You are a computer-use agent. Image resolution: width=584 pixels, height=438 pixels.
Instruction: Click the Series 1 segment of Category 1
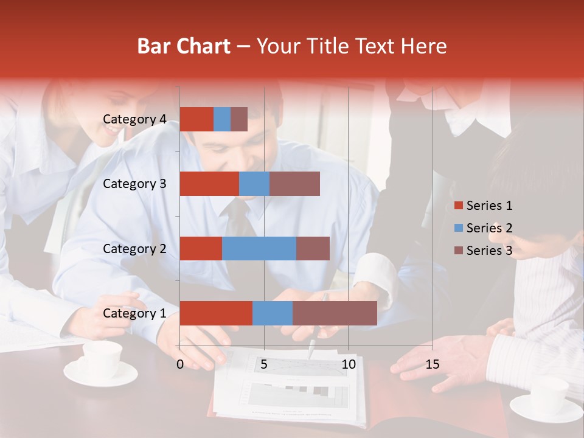pyautogui.click(x=216, y=313)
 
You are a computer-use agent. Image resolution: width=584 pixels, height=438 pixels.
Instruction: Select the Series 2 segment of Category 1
pyautogui.click(x=273, y=313)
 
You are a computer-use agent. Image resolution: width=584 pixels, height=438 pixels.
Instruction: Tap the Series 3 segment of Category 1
pyautogui.click(x=335, y=313)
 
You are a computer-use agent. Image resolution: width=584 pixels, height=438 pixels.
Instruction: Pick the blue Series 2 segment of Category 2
pyautogui.click(x=259, y=248)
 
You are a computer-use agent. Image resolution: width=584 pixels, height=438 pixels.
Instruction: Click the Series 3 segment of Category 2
pyautogui.click(x=313, y=248)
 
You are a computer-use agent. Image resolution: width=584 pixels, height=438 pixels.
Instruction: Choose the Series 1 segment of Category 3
pyautogui.click(x=209, y=184)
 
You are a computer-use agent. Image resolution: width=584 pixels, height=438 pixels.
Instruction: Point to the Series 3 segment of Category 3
pyautogui.click(x=294, y=184)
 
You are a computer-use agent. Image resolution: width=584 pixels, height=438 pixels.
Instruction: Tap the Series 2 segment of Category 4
pyautogui.click(x=222, y=119)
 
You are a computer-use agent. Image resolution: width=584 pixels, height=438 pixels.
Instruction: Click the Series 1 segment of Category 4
pyautogui.click(x=196, y=119)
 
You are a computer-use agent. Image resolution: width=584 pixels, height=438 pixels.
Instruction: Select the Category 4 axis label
pyautogui.click(x=134, y=119)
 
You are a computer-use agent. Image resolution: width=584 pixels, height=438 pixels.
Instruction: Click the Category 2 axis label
pyautogui.click(x=134, y=249)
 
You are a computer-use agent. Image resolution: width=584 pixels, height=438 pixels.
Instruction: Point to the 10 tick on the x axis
pyautogui.click(x=348, y=364)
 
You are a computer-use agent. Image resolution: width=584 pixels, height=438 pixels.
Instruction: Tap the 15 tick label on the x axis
pyautogui.click(x=432, y=364)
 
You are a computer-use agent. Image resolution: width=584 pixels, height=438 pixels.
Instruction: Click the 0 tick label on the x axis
pyautogui.click(x=180, y=364)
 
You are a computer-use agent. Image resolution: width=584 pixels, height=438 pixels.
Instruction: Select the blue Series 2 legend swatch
pyautogui.click(x=459, y=228)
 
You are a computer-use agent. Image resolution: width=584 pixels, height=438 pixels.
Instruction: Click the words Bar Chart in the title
pyautogui.click(x=184, y=46)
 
